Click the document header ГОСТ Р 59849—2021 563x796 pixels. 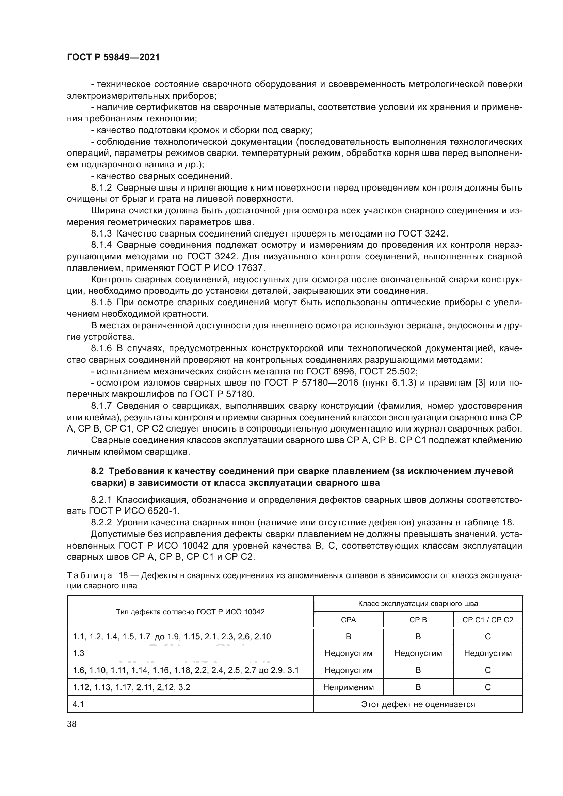click(x=113, y=57)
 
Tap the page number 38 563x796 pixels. click(x=72, y=724)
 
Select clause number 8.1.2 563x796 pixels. click(x=101, y=188)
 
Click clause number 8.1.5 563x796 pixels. click(x=101, y=303)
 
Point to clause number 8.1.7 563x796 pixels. click(x=101, y=406)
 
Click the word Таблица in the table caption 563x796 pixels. click(x=89, y=575)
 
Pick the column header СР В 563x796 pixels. click(x=418, y=620)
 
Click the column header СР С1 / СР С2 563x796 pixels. click(x=487, y=620)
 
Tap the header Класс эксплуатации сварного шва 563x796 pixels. click(x=418, y=604)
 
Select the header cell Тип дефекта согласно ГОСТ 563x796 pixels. click(x=190, y=612)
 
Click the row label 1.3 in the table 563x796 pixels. click(x=78, y=653)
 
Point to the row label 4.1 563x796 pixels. click(x=78, y=704)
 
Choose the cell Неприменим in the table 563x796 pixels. click(x=349, y=687)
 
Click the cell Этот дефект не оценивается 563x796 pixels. click(x=418, y=704)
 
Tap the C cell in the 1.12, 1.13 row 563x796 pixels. click(x=487, y=687)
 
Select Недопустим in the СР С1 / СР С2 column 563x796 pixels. click(x=487, y=653)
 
